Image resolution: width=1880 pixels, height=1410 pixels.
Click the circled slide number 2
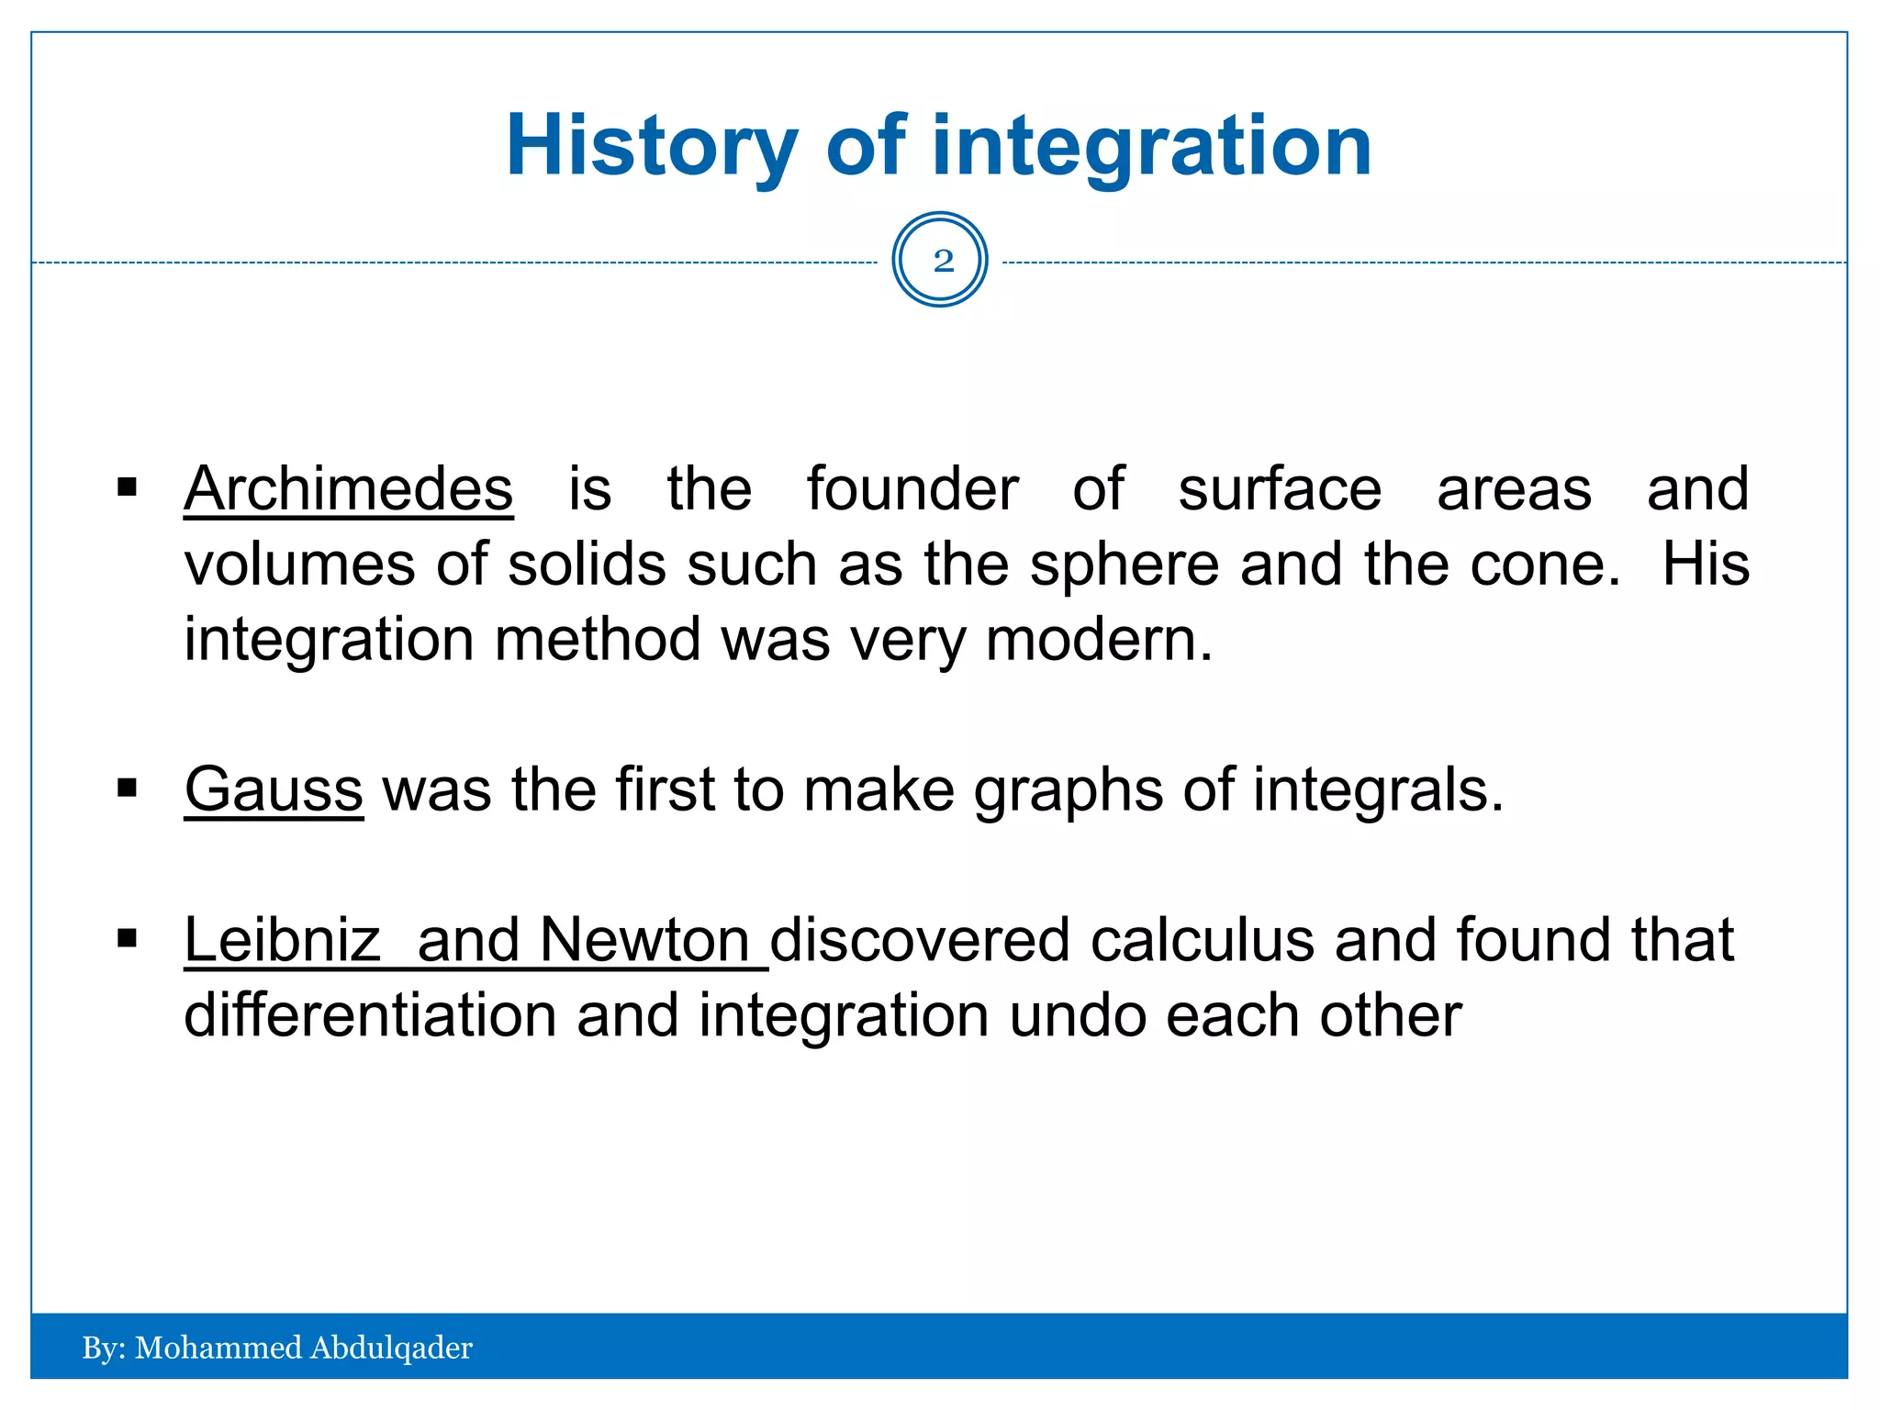click(x=940, y=260)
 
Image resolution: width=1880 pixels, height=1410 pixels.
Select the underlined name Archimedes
click(x=348, y=489)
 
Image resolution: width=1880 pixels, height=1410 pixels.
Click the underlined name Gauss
click(x=274, y=789)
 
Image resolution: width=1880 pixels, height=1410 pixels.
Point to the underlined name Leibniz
click(x=282, y=940)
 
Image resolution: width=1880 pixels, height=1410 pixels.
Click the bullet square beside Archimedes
click(x=127, y=487)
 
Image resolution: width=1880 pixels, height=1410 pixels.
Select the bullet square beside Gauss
click(x=127, y=788)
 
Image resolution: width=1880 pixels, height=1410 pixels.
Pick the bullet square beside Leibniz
click(x=127, y=938)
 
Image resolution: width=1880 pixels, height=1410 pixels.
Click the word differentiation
click(x=370, y=1015)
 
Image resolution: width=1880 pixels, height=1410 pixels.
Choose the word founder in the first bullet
click(x=912, y=489)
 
